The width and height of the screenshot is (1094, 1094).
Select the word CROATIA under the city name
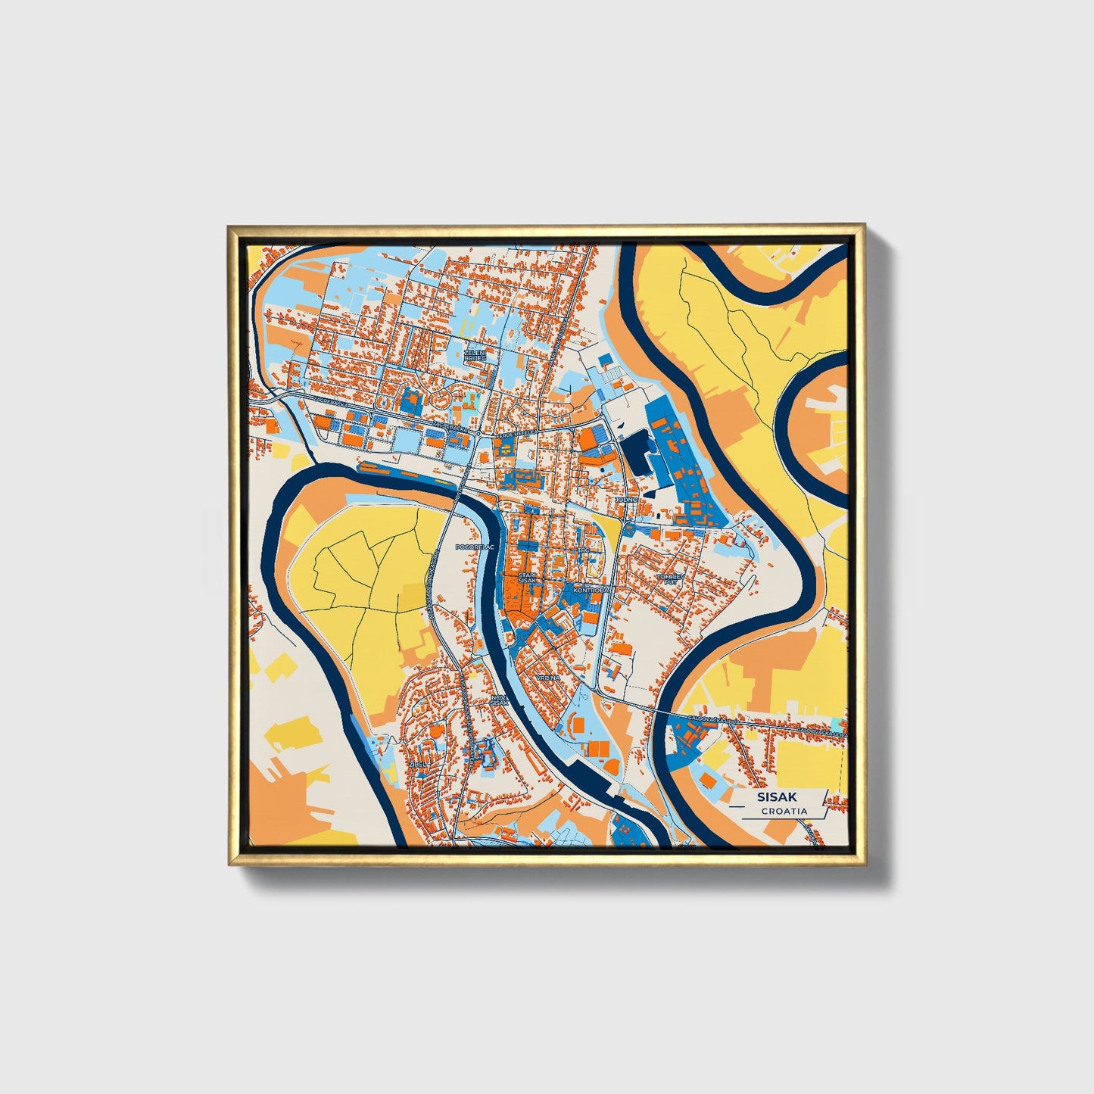[x=784, y=811]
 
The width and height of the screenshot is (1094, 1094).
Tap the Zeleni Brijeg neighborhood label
[x=475, y=355]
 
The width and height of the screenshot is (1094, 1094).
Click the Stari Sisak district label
[x=526, y=578]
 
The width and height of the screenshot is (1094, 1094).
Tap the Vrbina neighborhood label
[x=548, y=678]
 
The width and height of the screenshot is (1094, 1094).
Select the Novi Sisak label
[x=499, y=700]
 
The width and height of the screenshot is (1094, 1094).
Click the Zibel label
[x=417, y=765]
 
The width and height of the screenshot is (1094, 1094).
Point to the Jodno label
[x=626, y=500]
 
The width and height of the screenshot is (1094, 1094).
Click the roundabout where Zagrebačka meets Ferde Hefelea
[x=479, y=433]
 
